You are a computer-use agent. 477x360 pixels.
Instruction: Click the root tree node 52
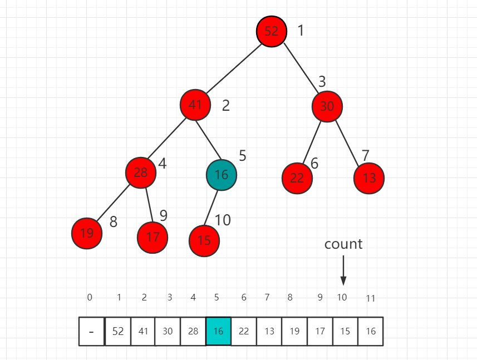coord(272,31)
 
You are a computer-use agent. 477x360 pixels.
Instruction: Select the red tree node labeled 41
coord(195,105)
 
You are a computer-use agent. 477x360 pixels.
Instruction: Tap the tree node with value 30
coord(327,106)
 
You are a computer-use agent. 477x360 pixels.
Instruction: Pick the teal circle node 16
coord(222,175)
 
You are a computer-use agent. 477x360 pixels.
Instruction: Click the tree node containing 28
coord(141,172)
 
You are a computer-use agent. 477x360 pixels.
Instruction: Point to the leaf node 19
coord(87,233)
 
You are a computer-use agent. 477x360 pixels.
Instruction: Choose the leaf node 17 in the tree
coord(153,237)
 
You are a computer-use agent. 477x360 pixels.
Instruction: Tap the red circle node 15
coord(204,240)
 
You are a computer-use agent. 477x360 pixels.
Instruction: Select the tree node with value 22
coord(297,178)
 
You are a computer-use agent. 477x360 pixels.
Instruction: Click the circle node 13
coord(369,178)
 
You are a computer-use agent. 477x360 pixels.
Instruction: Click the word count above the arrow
coord(343,244)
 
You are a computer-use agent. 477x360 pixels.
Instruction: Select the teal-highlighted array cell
coord(218,331)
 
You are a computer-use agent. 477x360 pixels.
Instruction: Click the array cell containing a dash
coord(92,331)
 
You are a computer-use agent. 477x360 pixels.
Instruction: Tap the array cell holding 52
coord(118,331)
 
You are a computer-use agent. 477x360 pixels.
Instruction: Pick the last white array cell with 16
coord(370,331)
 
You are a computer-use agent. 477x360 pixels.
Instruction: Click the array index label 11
coord(371,298)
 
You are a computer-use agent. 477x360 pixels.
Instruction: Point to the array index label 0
coord(90,297)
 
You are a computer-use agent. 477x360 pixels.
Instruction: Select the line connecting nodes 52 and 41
coord(234,68)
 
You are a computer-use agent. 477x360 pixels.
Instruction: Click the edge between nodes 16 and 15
coord(212,208)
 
